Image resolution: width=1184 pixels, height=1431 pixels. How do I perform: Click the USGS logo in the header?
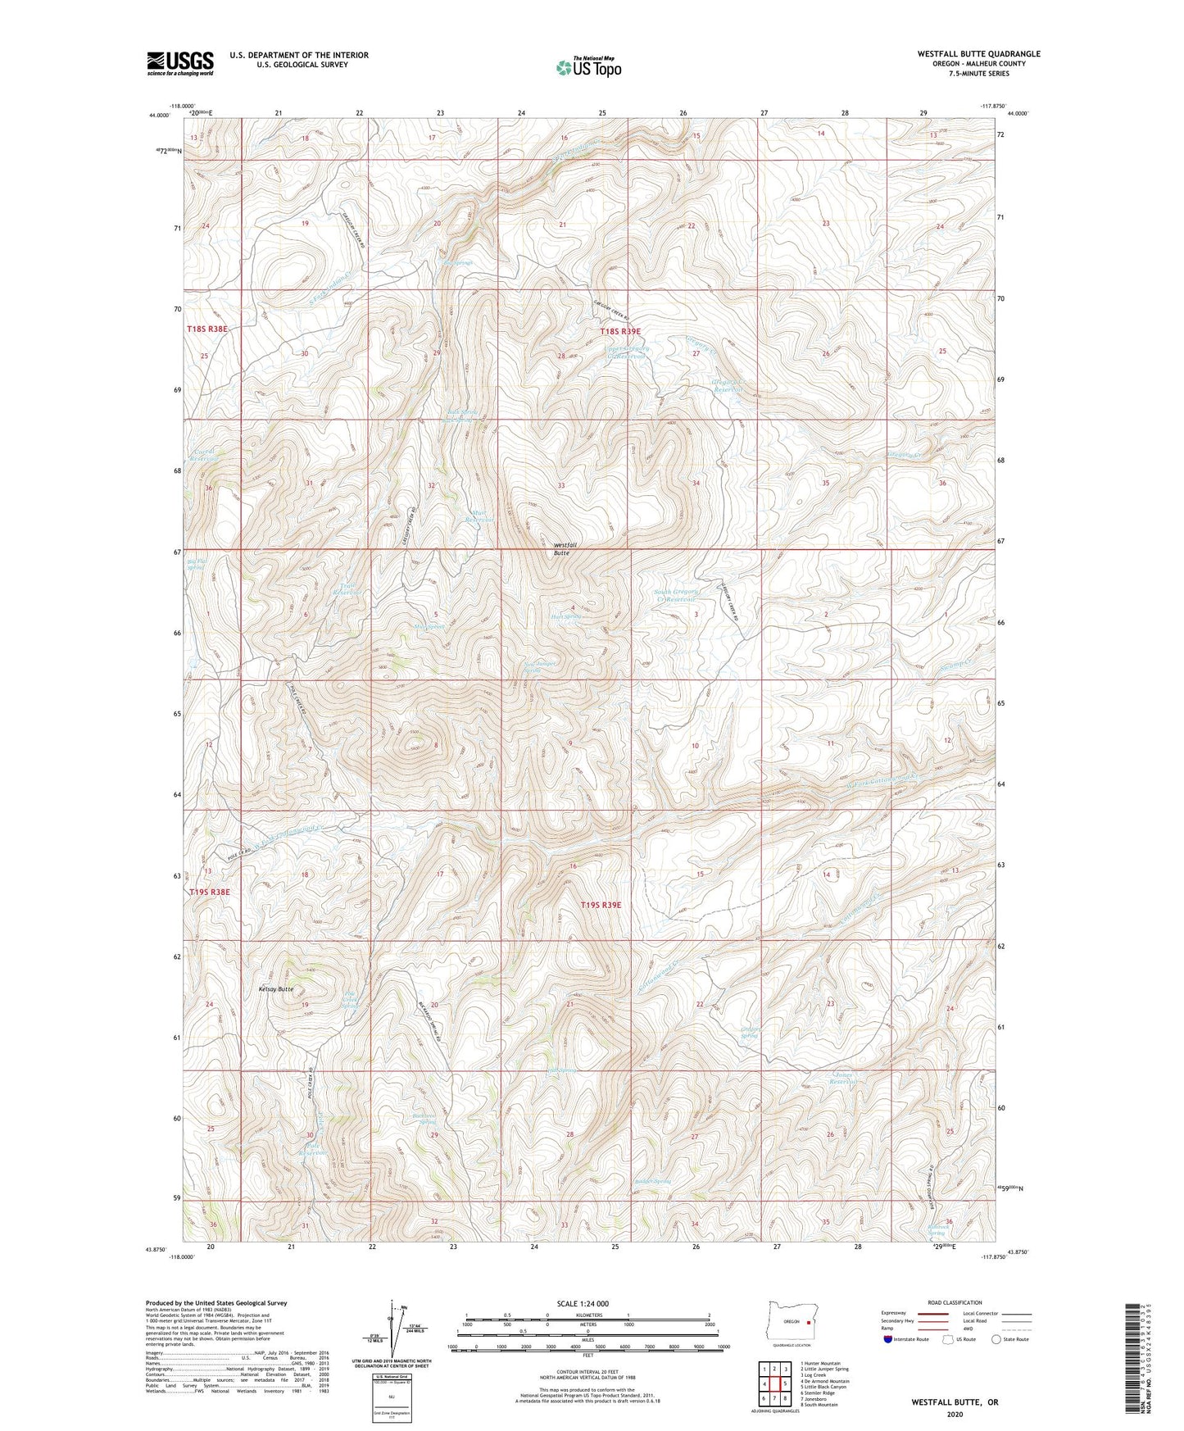point(180,62)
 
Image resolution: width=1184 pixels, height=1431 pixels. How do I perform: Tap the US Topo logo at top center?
point(587,67)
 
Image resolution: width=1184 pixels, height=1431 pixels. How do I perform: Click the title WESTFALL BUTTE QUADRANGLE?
point(978,54)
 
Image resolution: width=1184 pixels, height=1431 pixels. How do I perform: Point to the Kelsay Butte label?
point(274,989)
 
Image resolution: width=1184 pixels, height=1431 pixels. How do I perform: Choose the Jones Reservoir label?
point(848,1079)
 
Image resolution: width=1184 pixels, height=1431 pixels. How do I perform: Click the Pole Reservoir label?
point(313,1149)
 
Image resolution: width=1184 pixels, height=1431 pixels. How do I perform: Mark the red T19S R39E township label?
point(601,905)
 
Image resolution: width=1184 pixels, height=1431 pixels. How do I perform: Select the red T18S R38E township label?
point(207,329)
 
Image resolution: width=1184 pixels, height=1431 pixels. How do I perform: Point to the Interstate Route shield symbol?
point(890,1362)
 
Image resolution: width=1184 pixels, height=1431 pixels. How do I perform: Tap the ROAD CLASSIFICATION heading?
point(955,1302)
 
